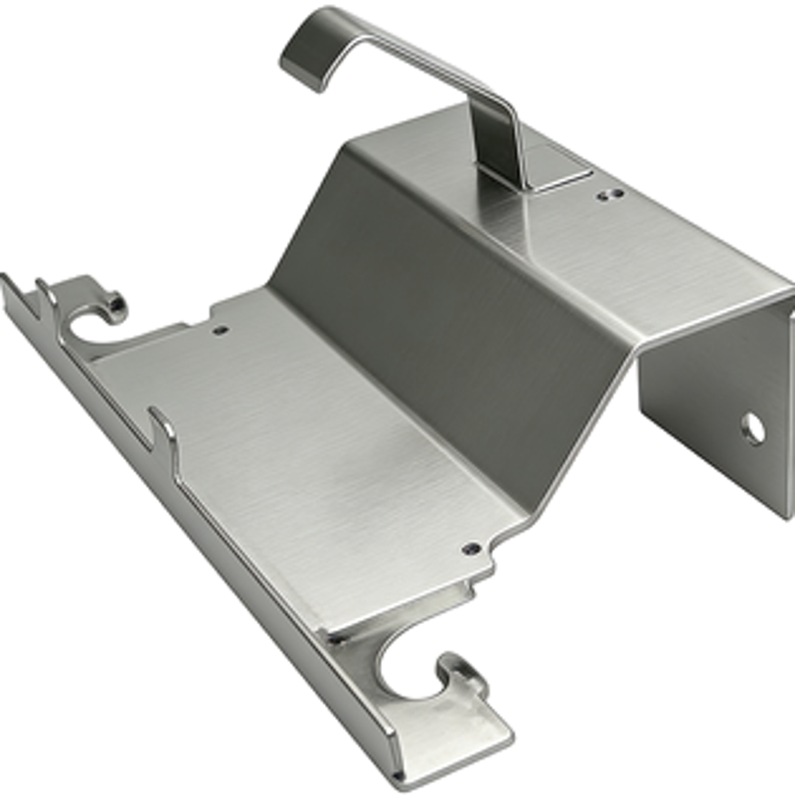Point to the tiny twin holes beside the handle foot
tap(612, 196)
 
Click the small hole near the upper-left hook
tap(220, 327)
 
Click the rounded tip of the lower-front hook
tap(467, 676)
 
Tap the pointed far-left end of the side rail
tap(8, 282)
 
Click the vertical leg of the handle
tap(503, 139)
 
